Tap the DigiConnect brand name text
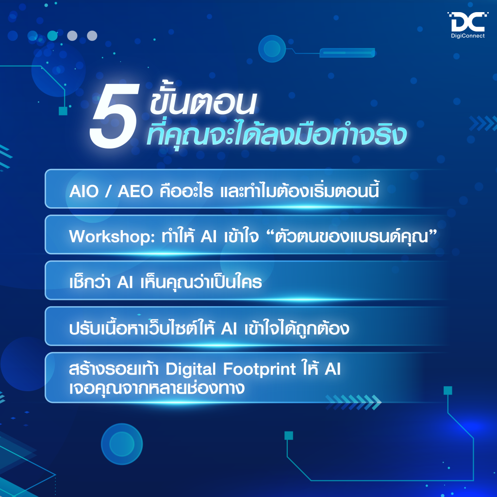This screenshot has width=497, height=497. (468, 36)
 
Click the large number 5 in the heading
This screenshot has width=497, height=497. (115, 116)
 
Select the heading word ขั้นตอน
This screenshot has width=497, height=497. (203, 100)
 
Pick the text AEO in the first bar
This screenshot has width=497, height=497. (135, 191)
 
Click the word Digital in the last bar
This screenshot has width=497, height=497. (190, 369)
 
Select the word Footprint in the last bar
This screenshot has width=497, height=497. (260, 369)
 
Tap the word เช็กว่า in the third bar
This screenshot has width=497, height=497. (90, 282)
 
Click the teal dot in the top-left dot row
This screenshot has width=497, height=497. (52, 35)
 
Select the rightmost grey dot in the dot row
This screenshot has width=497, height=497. (92, 35)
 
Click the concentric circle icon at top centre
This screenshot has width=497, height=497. (272, 49)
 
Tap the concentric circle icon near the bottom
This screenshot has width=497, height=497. (122, 444)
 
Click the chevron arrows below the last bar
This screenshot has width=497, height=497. (353, 402)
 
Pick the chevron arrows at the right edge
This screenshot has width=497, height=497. (483, 123)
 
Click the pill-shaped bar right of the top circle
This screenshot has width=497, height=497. (347, 53)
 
